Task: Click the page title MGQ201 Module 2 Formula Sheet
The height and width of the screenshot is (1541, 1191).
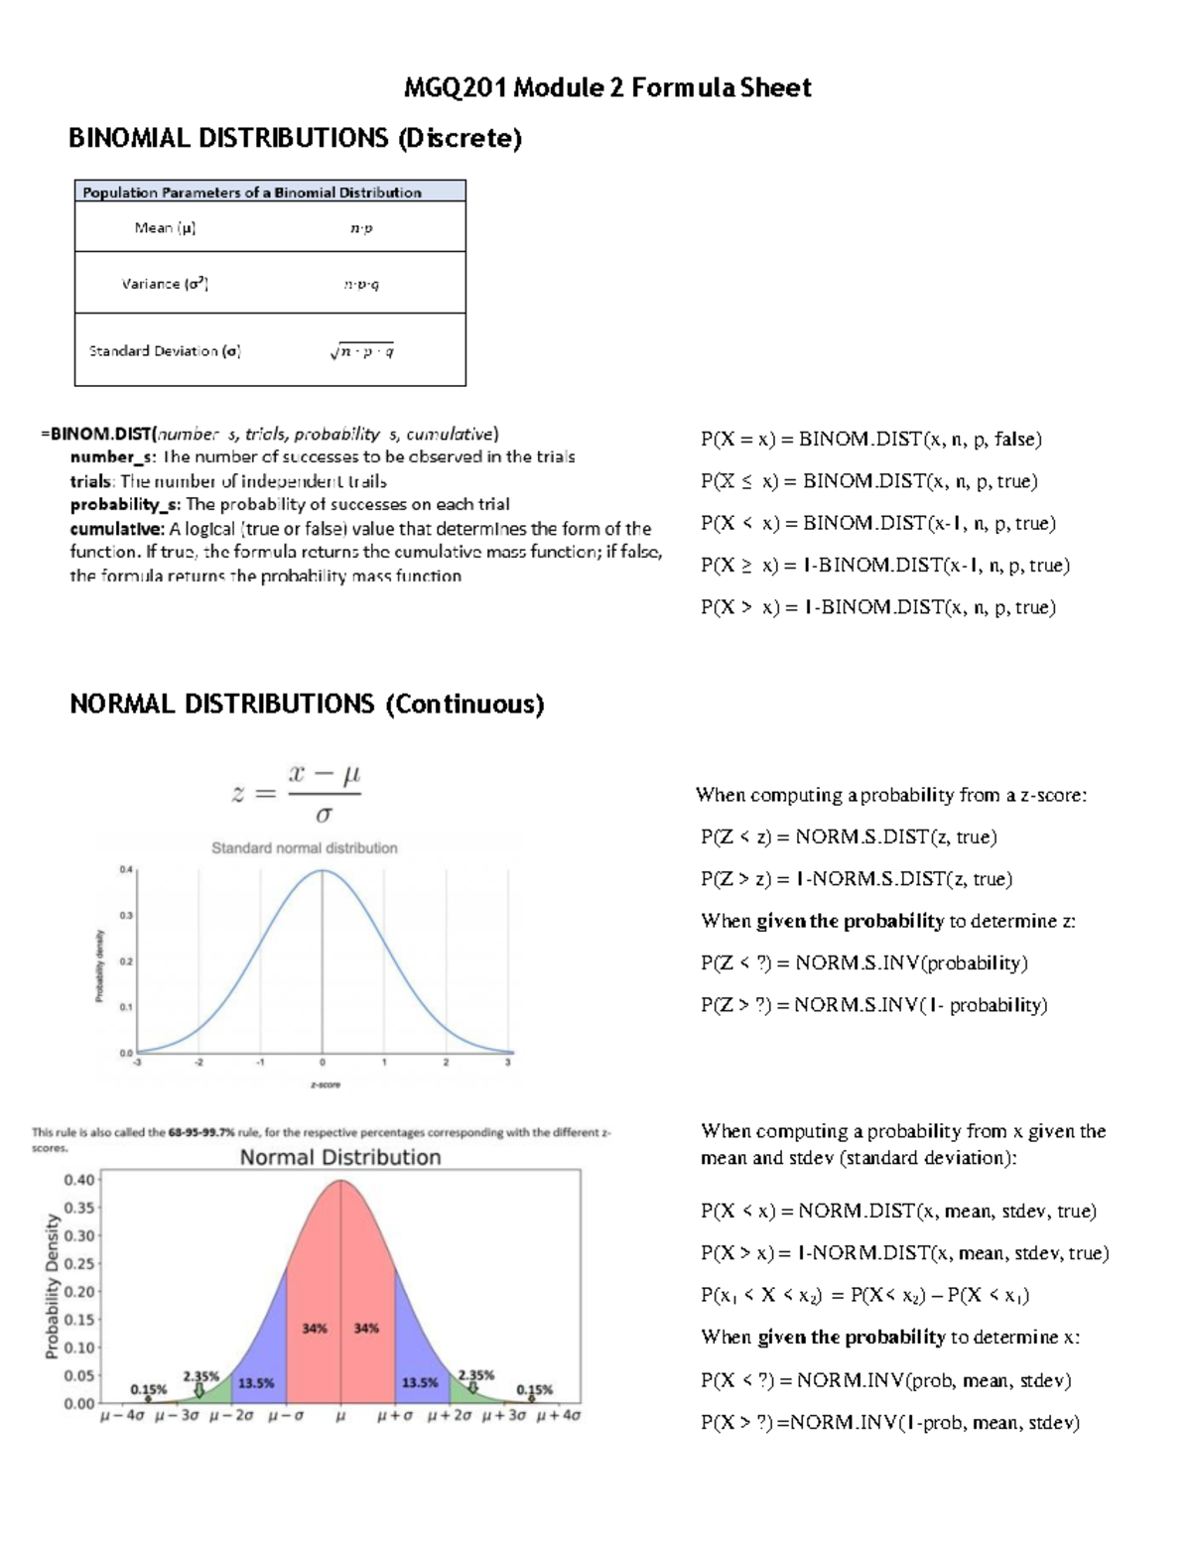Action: point(606,88)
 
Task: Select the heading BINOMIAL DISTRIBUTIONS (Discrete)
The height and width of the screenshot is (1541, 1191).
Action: point(295,138)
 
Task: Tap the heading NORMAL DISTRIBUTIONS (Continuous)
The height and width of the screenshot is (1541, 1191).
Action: point(307,705)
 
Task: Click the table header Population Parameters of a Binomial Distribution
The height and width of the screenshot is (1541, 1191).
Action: point(252,193)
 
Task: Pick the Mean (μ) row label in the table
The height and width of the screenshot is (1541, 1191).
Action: point(165,228)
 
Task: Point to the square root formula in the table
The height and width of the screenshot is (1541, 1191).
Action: point(362,351)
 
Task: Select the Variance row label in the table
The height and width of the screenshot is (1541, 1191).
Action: point(165,284)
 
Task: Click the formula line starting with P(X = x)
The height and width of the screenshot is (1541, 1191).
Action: point(870,440)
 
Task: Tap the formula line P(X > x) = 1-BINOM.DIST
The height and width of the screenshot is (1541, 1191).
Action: point(877,607)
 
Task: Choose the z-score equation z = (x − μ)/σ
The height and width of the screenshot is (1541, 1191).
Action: point(297,794)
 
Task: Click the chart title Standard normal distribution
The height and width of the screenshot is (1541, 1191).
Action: point(304,848)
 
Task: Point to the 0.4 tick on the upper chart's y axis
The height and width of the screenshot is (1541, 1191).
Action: point(126,869)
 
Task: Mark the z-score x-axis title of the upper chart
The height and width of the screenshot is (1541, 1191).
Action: point(325,1085)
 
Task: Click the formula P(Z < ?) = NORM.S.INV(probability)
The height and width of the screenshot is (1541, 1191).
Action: point(863,963)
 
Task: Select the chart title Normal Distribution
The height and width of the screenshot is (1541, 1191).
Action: point(339,1157)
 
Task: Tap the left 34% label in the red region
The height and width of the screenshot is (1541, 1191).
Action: point(315,1329)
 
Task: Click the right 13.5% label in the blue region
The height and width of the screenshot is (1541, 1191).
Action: point(421,1383)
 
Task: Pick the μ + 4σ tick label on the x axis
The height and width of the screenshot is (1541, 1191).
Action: point(558,1416)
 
